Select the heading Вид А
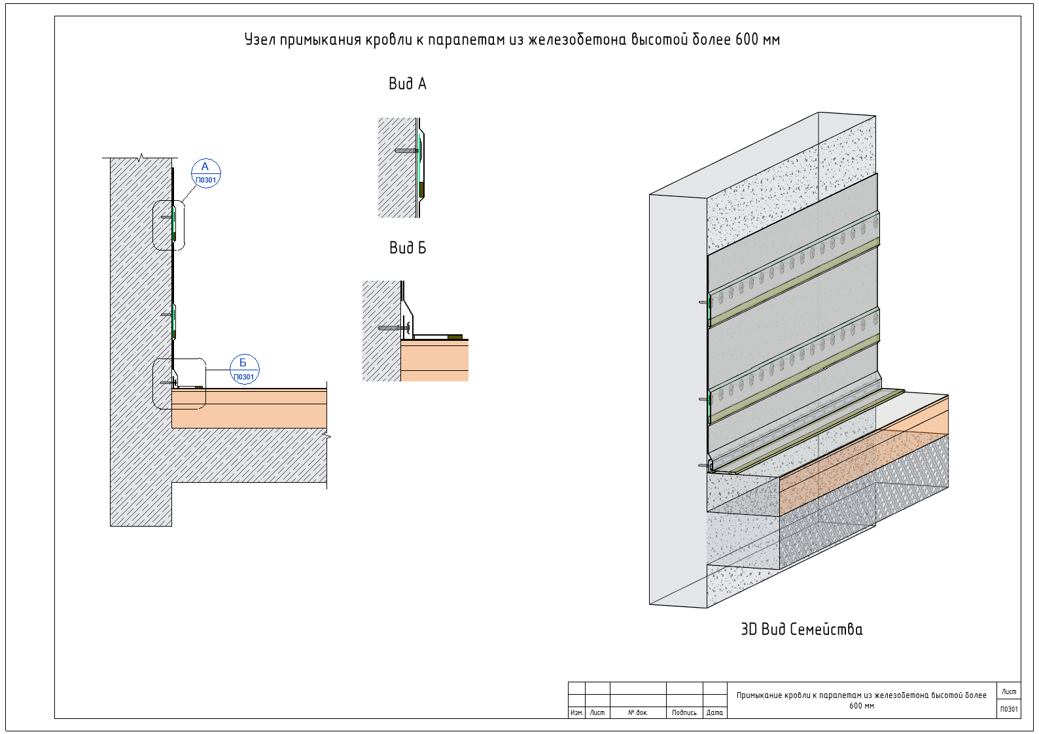(407, 84)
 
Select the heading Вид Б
(407, 248)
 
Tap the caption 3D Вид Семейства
(802, 629)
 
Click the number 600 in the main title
(747, 39)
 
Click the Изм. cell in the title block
(576, 712)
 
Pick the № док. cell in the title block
(638, 712)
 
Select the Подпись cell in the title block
(684, 712)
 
